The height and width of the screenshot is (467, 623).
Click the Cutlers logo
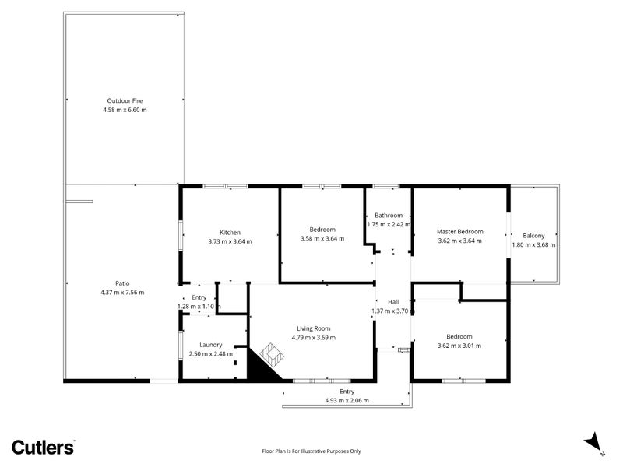(x=43, y=446)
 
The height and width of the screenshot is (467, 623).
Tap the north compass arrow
(x=595, y=441)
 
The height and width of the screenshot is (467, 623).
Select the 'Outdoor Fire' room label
(x=125, y=100)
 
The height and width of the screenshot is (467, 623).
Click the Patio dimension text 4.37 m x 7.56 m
(x=122, y=292)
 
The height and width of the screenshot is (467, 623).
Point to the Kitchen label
(x=230, y=232)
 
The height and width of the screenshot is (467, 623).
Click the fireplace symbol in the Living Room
(x=270, y=357)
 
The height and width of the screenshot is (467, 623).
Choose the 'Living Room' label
(x=313, y=328)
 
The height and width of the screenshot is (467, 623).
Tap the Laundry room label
(x=210, y=345)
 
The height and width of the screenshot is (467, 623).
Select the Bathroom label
(x=389, y=216)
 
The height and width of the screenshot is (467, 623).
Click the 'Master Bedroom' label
(x=459, y=231)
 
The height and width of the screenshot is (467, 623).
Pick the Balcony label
(x=533, y=236)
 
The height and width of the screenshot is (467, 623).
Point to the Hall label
(x=393, y=302)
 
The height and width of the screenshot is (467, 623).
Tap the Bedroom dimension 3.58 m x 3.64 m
(x=322, y=239)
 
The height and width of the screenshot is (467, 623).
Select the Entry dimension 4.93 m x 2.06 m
(x=347, y=400)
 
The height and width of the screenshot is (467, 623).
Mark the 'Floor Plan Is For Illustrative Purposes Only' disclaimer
(x=311, y=451)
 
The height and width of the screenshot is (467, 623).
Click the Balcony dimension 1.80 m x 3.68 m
(x=533, y=245)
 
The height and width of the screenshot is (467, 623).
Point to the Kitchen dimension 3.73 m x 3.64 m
(x=230, y=241)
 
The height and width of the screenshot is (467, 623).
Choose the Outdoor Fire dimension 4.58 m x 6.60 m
(x=125, y=110)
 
